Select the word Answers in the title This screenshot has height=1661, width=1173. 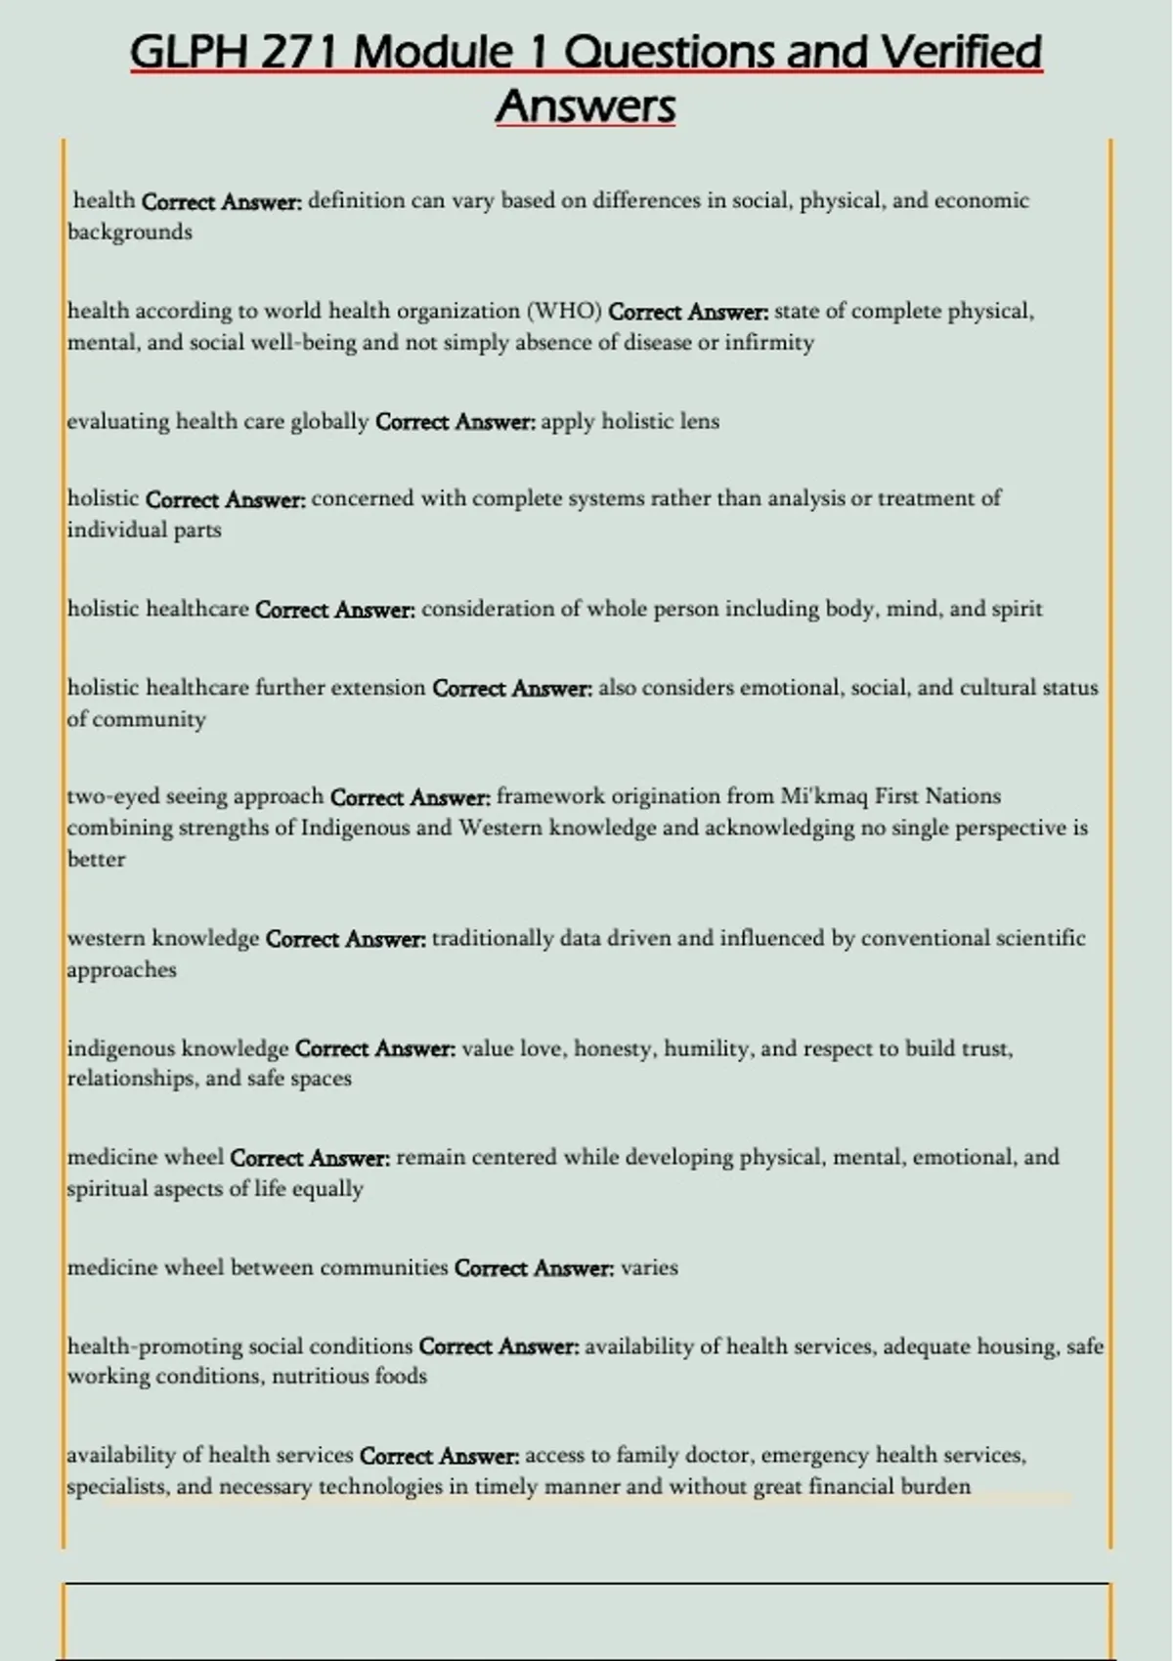point(586,106)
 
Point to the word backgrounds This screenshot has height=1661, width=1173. point(129,233)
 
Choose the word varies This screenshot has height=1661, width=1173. point(649,1267)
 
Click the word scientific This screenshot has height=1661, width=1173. point(1040,938)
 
